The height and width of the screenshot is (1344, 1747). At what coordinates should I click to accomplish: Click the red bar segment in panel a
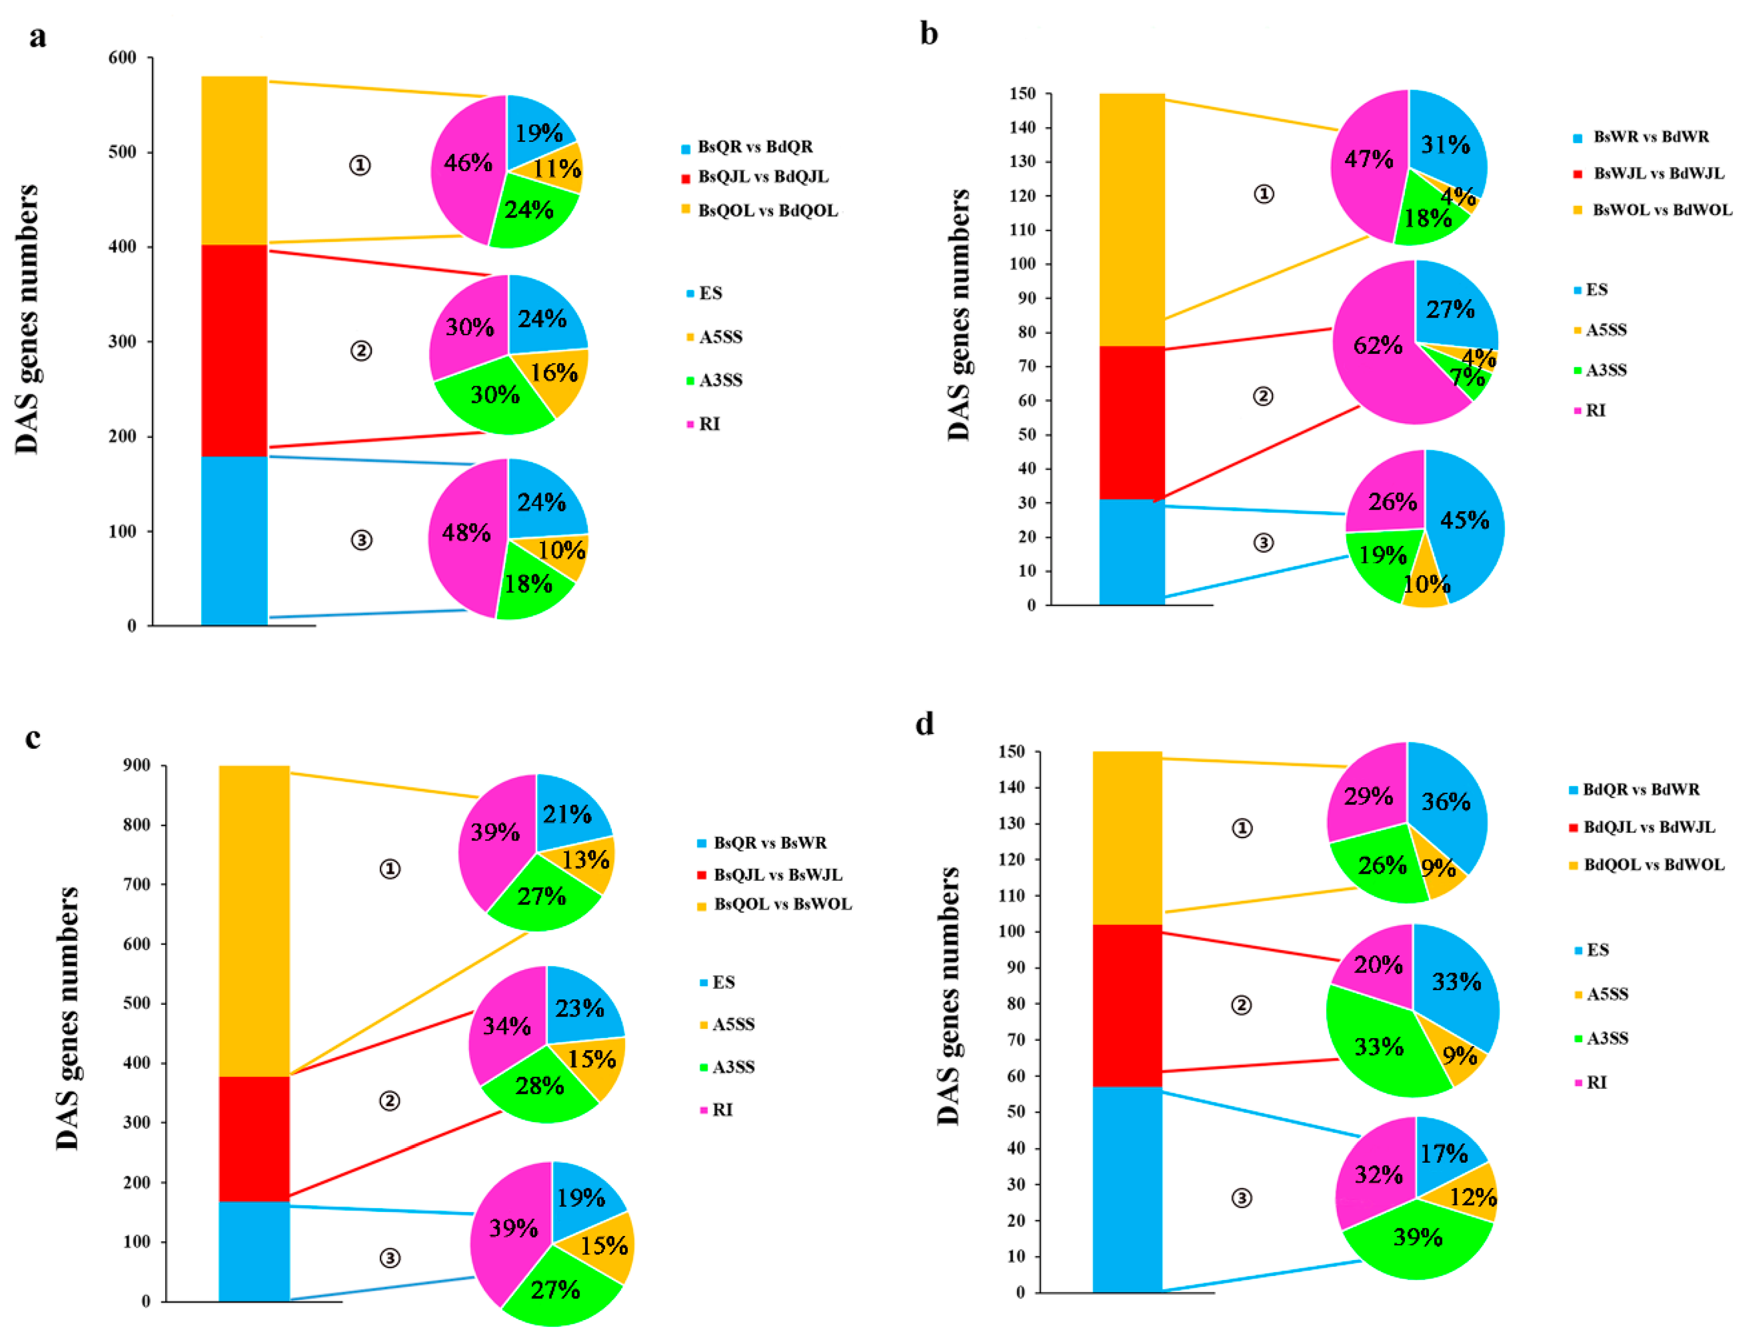tap(234, 349)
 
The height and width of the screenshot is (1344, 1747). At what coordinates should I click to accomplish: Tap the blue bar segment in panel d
tap(1126, 1189)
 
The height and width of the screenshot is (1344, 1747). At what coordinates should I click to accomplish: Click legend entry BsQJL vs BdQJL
tap(762, 177)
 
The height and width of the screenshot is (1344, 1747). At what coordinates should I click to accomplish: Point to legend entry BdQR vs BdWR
tap(1640, 790)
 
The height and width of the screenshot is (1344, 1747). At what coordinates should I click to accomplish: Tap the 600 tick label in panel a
tap(122, 58)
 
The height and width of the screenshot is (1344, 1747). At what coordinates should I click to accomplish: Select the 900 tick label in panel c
tap(136, 766)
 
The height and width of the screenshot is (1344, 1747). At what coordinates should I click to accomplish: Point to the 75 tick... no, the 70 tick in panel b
tap(1026, 367)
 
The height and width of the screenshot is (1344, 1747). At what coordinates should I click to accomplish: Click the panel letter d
tap(925, 723)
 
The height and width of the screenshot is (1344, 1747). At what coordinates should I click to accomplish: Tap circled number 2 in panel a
tap(361, 350)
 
